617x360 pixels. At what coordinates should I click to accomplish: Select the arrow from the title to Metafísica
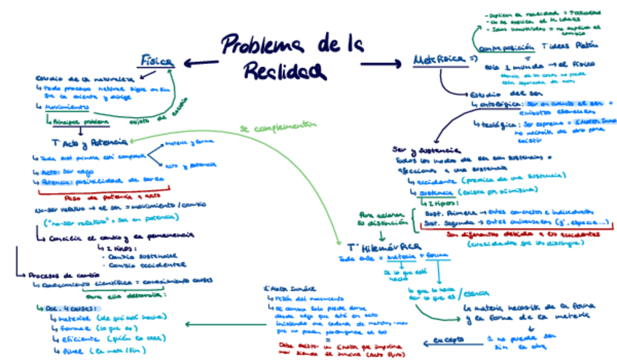(382, 63)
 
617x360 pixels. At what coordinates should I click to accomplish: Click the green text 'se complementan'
(279, 127)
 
